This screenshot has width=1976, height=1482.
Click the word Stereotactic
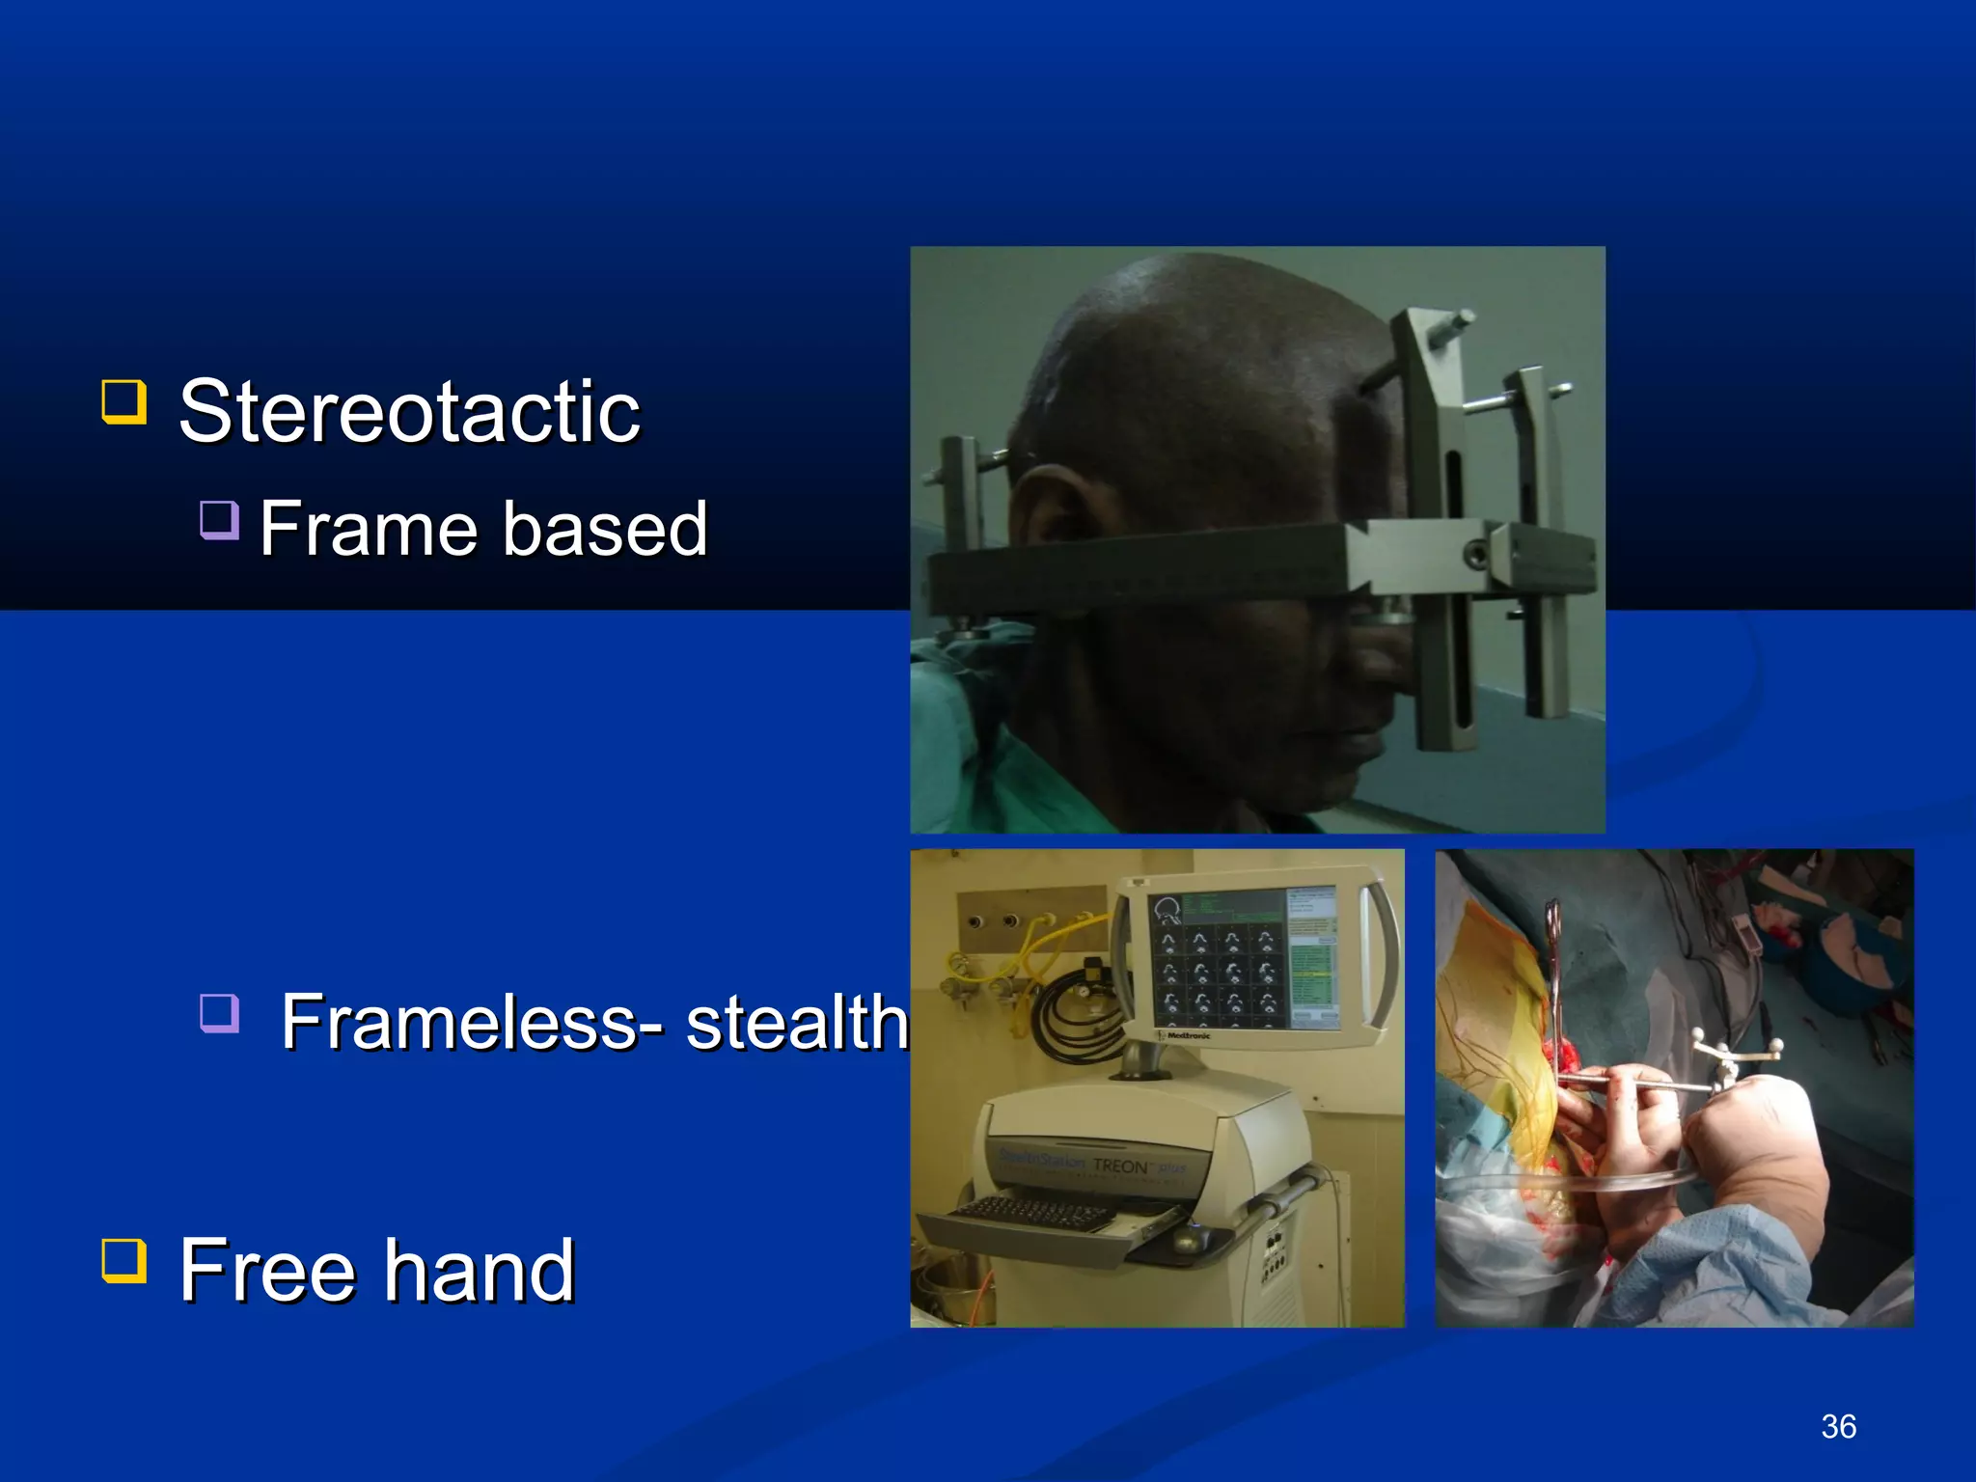coord(409,413)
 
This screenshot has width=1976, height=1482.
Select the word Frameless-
coord(473,1023)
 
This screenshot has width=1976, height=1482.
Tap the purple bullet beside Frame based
coord(219,520)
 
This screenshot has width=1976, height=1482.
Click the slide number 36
coord(1838,1426)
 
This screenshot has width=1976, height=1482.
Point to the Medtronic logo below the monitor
coord(1189,1035)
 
